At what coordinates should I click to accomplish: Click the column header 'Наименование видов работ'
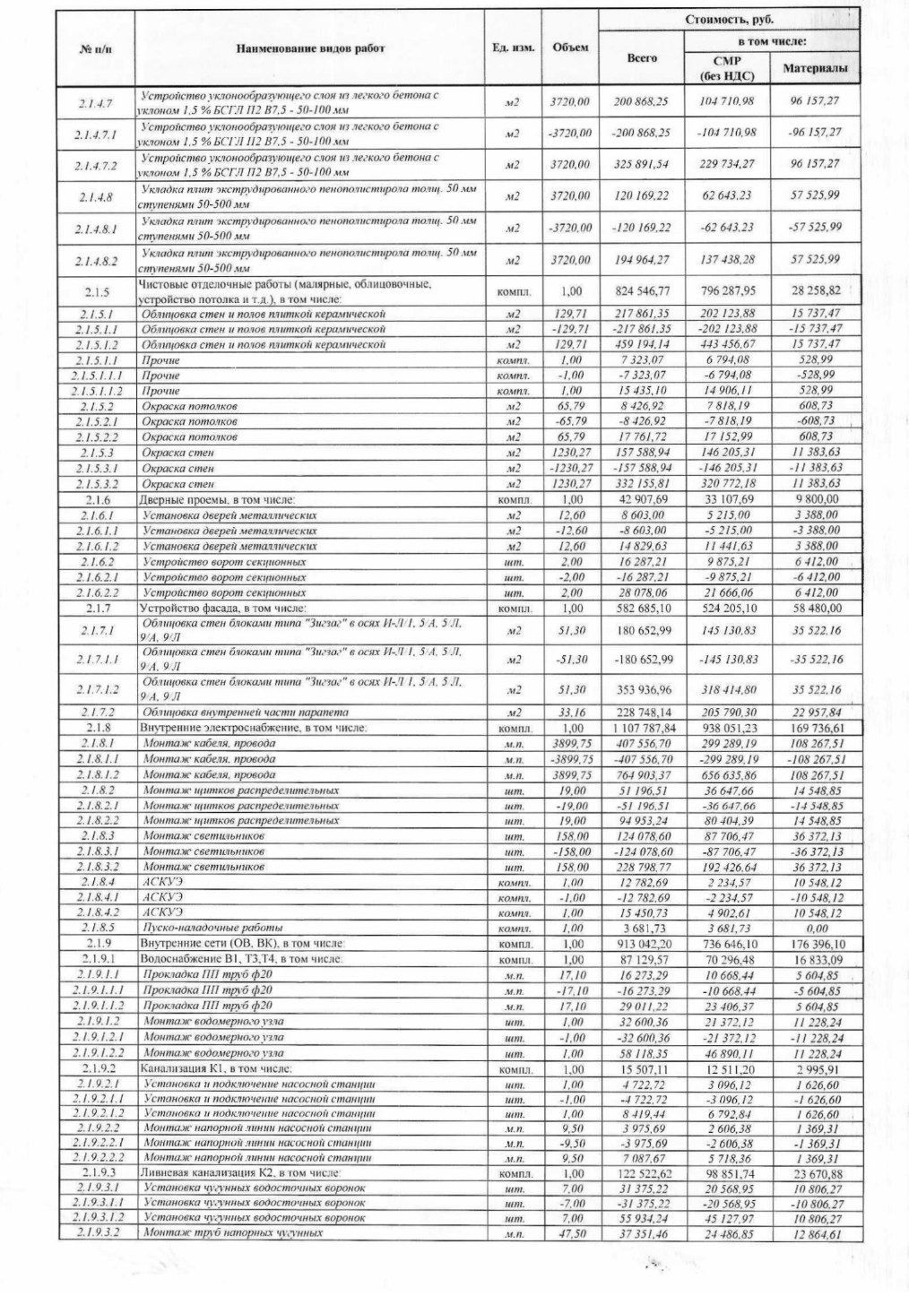[x=309, y=48]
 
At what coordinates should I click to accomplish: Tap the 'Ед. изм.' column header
[x=514, y=48]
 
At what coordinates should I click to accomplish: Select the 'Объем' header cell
[x=570, y=47]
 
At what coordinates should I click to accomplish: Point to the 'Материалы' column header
[x=814, y=68]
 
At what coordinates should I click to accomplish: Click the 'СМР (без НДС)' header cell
[x=727, y=68]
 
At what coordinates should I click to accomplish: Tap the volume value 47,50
[x=570, y=1233]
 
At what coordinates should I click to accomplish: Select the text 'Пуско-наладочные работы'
[x=213, y=928]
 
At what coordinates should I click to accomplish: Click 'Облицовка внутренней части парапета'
[x=246, y=712]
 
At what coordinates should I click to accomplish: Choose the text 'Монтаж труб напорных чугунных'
[x=232, y=1233]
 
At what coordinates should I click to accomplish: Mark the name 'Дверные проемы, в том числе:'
[x=217, y=499]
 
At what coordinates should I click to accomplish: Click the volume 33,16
[x=570, y=712]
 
